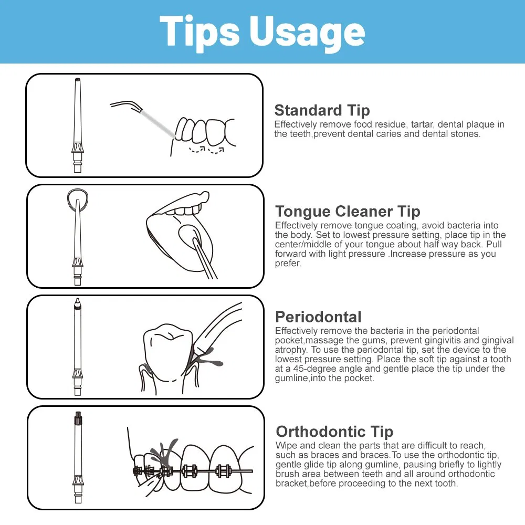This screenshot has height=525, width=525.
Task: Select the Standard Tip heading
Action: [322, 110]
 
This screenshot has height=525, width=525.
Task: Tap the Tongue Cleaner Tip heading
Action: [348, 211]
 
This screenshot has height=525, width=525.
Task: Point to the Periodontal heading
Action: [319, 317]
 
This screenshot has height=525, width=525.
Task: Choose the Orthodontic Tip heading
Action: [334, 432]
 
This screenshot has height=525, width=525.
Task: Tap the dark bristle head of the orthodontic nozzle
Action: [78, 417]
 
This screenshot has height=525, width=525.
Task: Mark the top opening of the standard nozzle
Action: [78, 80]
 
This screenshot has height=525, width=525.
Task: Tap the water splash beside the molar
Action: [206, 358]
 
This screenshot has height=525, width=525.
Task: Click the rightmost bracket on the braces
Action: [224, 470]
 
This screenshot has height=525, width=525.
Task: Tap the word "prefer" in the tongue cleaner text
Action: [287, 264]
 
